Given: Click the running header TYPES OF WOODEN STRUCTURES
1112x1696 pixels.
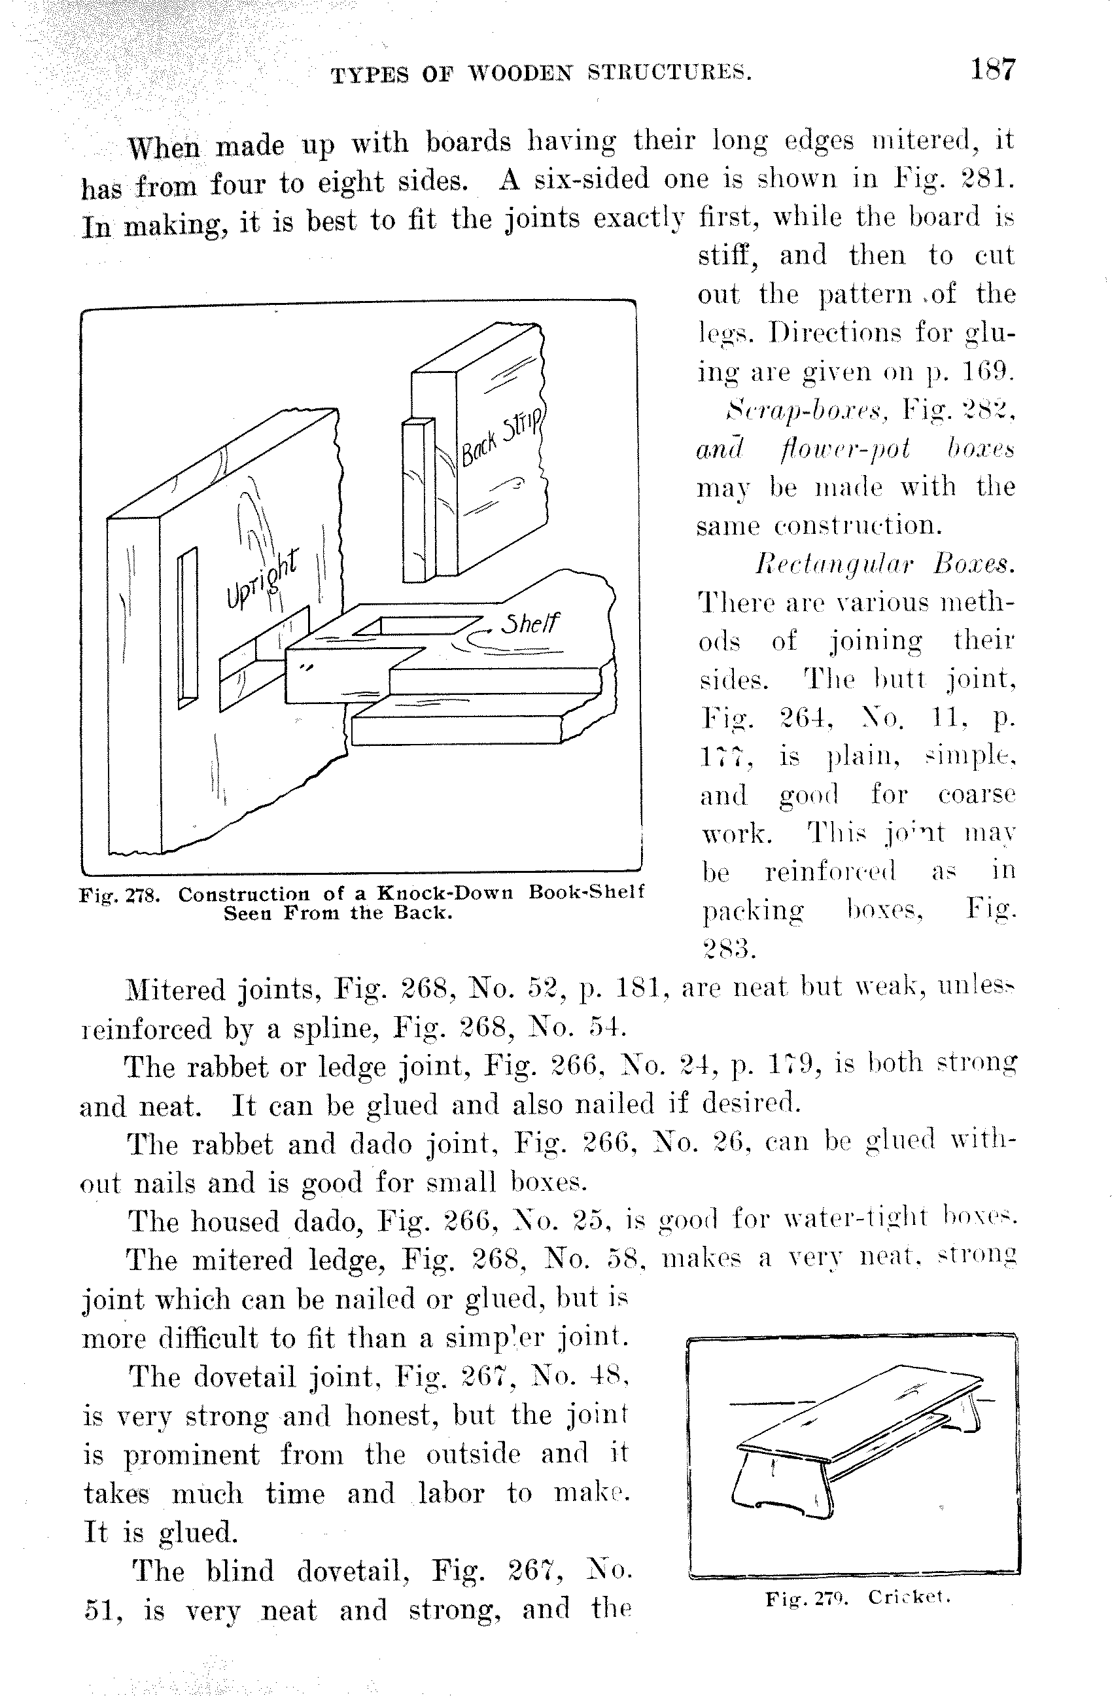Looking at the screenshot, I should pyautogui.click(x=541, y=74).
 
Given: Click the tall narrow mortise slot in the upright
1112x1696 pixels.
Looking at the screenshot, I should pyautogui.click(x=187, y=627).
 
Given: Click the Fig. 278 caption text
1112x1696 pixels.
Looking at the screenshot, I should pyautogui.click(x=361, y=902).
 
